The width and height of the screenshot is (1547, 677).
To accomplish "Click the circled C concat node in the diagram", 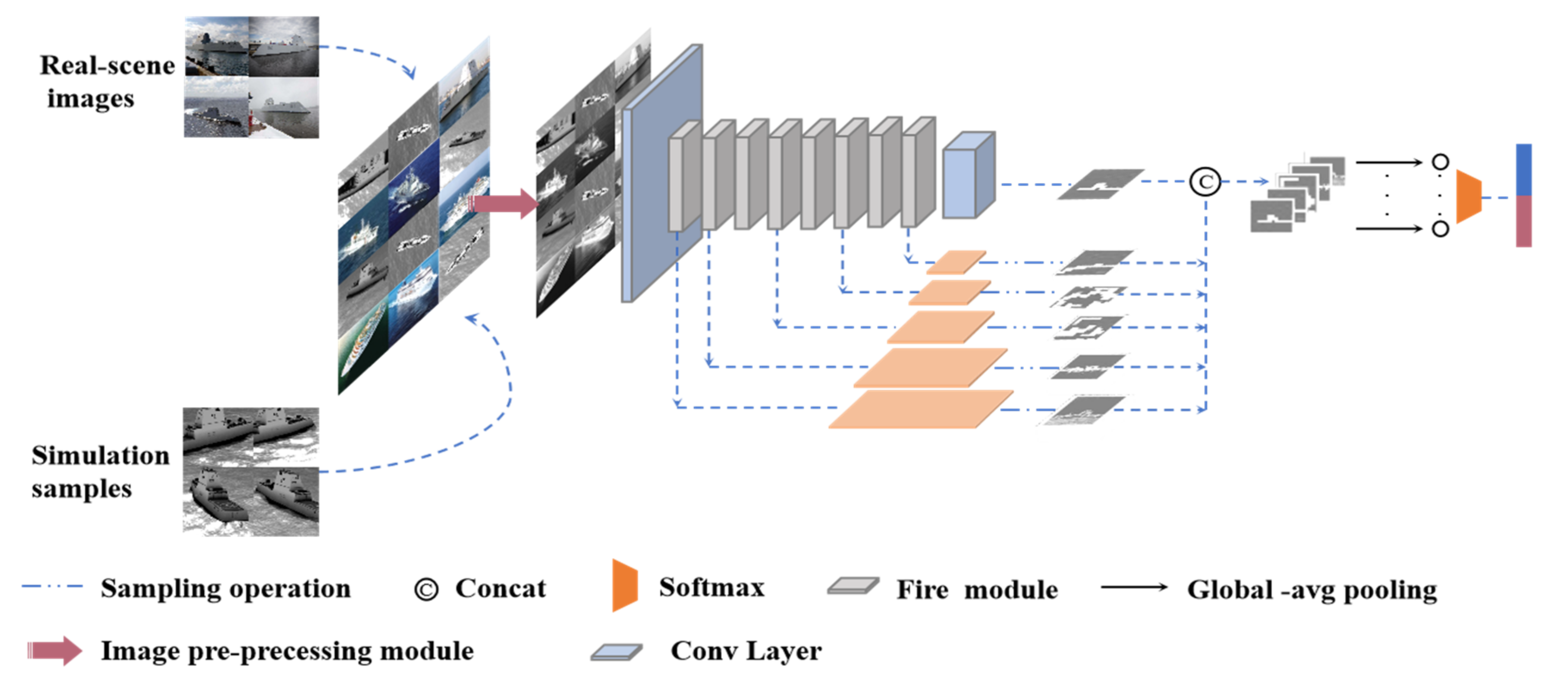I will (x=1205, y=181).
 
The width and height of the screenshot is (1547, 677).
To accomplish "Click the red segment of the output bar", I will (x=1524, y=221).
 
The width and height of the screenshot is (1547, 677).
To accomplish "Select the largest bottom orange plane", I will (x=920, y=409).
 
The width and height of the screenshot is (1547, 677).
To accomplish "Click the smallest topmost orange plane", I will (x=956, y=262).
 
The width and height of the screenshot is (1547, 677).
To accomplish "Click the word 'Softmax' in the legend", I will (x=712, y=587).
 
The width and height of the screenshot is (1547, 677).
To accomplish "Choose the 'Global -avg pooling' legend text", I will (x=1312, y=590).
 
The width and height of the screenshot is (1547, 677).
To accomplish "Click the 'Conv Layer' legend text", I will (x=746, y=651).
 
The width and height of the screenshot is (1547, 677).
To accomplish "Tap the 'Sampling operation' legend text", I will (x=225, y=589).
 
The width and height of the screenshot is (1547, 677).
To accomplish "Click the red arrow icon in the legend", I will (x=55, y=651).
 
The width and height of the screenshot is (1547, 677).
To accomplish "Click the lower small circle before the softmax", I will (x=1440, y=229).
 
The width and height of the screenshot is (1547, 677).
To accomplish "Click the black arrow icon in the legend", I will (x=1134, y=587).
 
